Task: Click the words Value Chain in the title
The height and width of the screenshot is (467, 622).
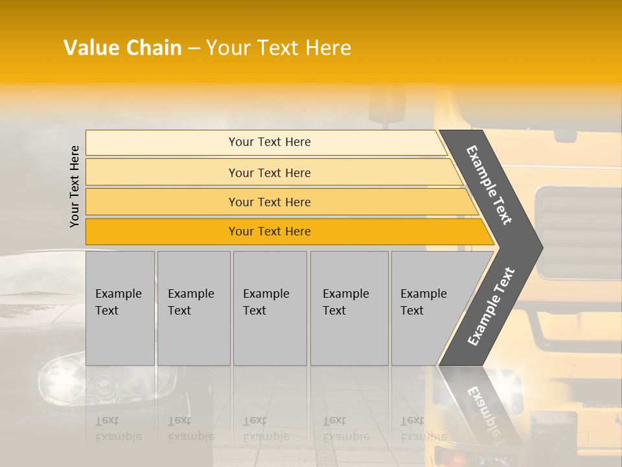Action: tap(122, 48)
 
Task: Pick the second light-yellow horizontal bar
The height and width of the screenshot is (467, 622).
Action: tap(270, 173)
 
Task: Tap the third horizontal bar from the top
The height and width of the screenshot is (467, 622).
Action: tap(270, 202)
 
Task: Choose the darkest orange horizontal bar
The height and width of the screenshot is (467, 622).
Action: tap(270, 232)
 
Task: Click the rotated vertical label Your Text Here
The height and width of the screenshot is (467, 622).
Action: tap(75, 186)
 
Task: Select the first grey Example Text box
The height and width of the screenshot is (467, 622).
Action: tap(120, 307)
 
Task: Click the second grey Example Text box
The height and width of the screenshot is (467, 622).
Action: tap(193, 307)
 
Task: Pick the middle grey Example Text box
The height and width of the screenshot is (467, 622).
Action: tap(270, 307)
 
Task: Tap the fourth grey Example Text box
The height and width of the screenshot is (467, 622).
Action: tap(349, 307)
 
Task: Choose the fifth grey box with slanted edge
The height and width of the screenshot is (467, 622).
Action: tap(428, 307)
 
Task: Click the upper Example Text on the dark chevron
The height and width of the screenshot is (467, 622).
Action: tap(489, 185)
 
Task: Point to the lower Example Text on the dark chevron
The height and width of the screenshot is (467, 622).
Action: tap(490, 307)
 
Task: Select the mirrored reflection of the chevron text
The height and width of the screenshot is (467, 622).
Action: tap(485, 409)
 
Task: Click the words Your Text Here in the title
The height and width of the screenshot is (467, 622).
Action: tap(279, 48)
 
